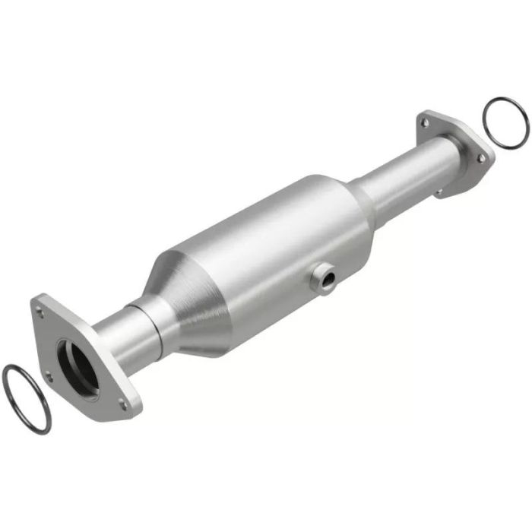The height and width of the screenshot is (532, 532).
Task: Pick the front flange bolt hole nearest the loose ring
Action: click(49, 375)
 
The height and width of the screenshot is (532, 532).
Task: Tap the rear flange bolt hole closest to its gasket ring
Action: click(480, 157)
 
